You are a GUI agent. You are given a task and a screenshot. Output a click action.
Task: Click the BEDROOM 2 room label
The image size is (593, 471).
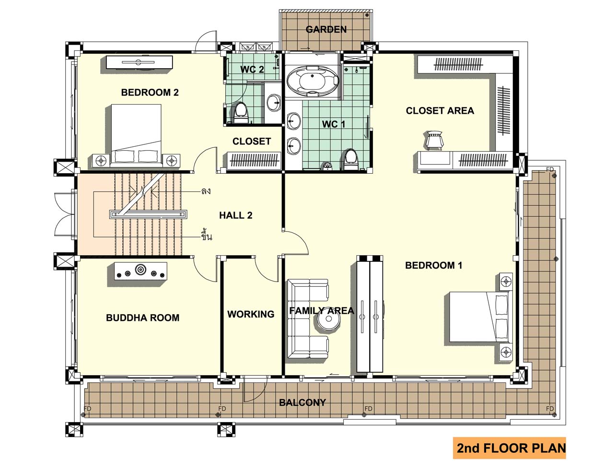150,93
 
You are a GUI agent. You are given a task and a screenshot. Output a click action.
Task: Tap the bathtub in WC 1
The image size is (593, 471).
313,82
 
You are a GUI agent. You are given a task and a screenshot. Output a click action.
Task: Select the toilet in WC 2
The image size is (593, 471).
241,113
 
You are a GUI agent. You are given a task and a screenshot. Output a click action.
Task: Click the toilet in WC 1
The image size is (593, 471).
351,160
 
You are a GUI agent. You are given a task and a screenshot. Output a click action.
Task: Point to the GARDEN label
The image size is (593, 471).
326,30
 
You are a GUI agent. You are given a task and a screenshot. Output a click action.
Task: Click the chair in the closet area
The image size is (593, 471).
434,141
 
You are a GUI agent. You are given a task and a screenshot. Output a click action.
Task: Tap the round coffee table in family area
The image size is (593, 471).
328,319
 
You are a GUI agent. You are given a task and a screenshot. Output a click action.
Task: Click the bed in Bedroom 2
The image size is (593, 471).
136,135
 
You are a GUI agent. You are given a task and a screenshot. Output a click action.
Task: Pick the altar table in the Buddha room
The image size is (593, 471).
141,271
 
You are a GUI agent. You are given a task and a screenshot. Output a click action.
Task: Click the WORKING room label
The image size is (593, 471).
251,314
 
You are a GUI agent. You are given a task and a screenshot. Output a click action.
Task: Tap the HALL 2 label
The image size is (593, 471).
235,215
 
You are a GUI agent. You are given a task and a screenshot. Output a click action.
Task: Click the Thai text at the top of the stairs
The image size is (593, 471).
206,191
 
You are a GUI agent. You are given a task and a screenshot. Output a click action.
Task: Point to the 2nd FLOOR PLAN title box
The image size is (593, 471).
509,448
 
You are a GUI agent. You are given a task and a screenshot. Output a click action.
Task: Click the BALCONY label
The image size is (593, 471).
302,402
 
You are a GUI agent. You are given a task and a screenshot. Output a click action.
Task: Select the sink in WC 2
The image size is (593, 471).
274,103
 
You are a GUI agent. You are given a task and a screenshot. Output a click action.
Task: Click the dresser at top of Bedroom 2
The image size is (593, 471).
139,62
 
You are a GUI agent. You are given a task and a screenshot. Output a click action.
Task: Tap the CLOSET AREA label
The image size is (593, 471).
440,111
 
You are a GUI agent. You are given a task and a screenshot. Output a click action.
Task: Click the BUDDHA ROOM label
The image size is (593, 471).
142,318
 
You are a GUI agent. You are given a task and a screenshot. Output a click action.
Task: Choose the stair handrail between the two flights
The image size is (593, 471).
148,214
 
